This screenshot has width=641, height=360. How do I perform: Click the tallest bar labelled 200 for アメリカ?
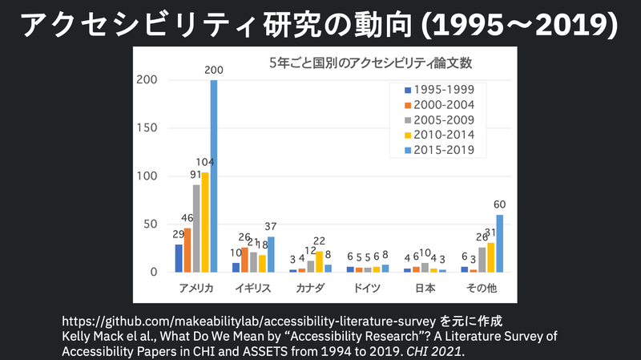coord(214,176)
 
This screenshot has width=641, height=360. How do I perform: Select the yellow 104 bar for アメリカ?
coord(205,223)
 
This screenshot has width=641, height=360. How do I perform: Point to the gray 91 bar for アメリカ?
coord(196,229)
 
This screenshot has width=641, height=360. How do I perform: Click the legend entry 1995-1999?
coord(440,90)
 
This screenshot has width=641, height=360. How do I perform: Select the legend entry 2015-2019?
coord(440,149)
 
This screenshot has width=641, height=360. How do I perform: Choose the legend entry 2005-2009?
coord(440,119)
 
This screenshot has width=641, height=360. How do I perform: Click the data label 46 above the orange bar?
coord(187,218)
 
